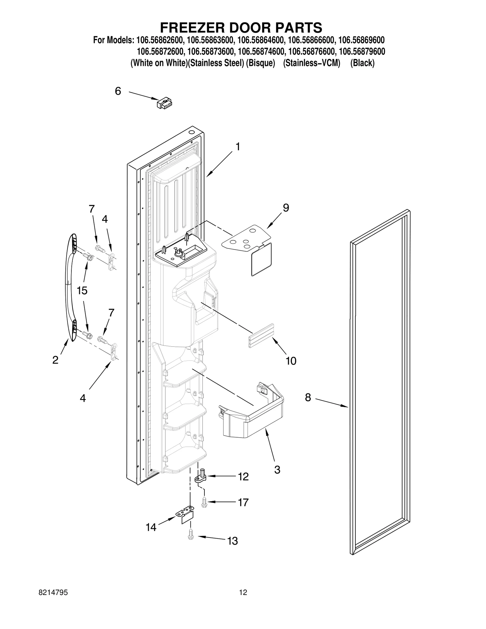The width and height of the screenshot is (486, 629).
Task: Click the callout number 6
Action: [x=118, y=91]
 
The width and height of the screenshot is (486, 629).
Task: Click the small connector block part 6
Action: [x=164, y=104]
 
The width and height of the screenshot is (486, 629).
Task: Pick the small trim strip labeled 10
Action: [x=262, y=336]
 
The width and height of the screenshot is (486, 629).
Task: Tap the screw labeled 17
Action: [x=204, y=503]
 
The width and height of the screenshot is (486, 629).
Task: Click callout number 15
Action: [x=82, y=291]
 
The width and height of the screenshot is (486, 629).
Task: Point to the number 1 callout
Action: [x=238, y=147]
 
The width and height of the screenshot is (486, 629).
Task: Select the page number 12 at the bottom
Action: [x=243, y=601]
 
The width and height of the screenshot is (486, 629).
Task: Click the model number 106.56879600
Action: [x=362, y=52]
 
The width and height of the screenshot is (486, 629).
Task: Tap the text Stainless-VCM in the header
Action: [x=312, y=63]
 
